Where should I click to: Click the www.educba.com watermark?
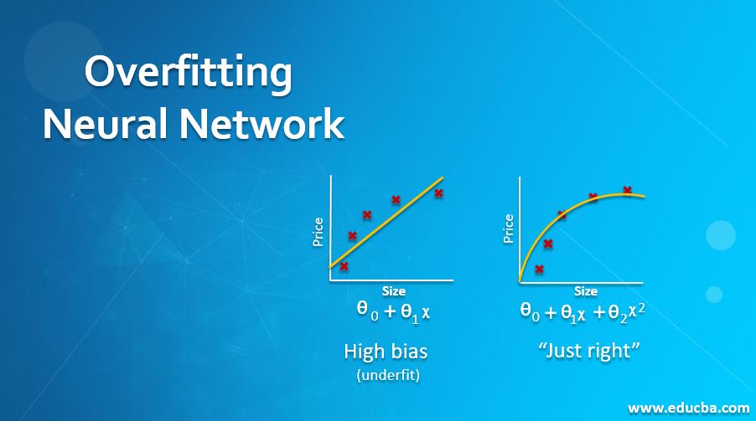(688, 408)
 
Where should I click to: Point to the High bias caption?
(386, 351)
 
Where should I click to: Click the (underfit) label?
(387, 375)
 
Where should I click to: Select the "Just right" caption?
(588, 351)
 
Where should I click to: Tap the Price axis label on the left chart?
(318, 232)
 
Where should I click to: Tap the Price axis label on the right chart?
(508, 228)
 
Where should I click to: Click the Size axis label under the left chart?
(393, 291)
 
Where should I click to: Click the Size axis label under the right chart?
(586, 291)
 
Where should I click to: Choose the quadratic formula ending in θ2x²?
(583, 312)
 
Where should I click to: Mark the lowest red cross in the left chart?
(344, 266)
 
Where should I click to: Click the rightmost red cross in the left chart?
(438, 193)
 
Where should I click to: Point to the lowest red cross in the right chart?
(539, 270)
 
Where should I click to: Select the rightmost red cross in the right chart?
(627, 190)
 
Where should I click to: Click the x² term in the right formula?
(638, 311)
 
